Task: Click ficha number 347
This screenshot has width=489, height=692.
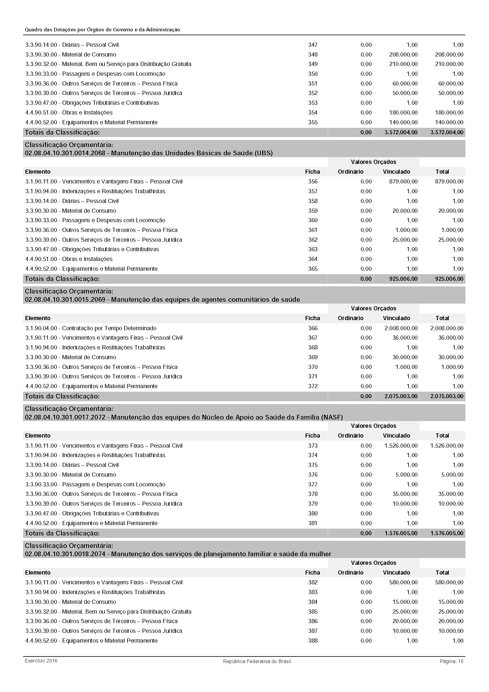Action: click(313, 45)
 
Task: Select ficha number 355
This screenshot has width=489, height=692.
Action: click(313, 122)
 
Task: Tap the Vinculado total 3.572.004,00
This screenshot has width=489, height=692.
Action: click(401, 132)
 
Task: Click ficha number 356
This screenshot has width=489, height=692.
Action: click(313, 181)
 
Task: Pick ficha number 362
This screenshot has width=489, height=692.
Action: click(313, 240)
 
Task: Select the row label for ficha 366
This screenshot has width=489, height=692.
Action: click(91, 328)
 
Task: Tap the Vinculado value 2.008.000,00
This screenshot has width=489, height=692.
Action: click(401, 328)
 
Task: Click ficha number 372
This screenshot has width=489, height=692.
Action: click(313, 386)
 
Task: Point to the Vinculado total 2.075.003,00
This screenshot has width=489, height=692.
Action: click(401, 396)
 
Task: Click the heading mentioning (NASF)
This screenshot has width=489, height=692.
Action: click(184, 417)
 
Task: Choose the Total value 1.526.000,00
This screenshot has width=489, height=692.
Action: click(446, 446)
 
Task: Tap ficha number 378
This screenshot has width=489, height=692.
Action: click(313, 494)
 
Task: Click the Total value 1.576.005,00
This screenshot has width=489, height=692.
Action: click(446, 533)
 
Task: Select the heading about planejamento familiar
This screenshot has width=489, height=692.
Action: click(178, 554)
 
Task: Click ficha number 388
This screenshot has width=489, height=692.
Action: click(313, 641)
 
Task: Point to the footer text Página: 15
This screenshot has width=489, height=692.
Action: click(451, 661)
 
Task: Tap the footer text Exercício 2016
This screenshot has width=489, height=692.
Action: click(41, 661)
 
